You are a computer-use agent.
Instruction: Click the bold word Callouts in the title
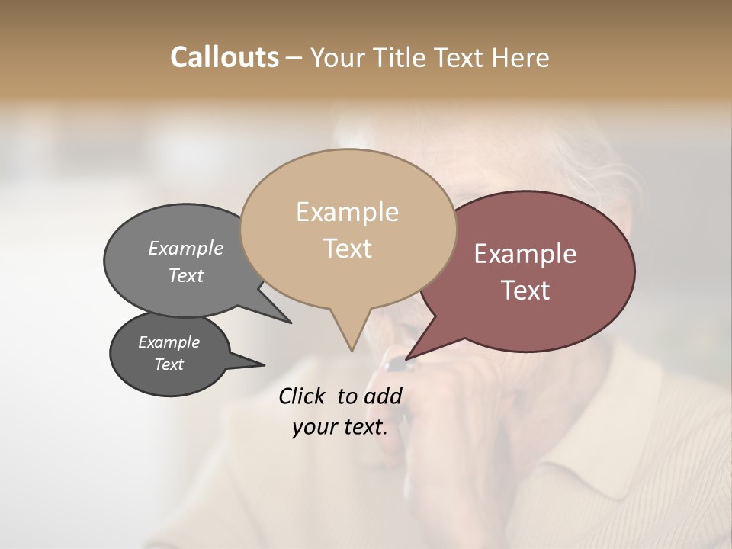click(x=224, y=57)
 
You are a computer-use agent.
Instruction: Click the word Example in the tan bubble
click(x=347, y=212)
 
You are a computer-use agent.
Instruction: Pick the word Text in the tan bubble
click(x=347, y=249)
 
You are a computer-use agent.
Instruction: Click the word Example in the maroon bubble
click(x=525, y=254)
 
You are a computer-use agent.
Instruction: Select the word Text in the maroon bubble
click(x=525, y=291)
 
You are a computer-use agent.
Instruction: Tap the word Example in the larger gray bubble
click(x=185, y=248)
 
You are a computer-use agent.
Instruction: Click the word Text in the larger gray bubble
click(x=185, y=275)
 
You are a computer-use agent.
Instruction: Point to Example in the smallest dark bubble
click(x=169, y=342)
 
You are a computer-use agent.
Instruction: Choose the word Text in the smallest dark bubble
click(x=169, y=364)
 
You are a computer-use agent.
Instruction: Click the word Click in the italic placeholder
click(x=303, y=396)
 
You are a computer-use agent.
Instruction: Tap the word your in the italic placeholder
click(x=311, y=427)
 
